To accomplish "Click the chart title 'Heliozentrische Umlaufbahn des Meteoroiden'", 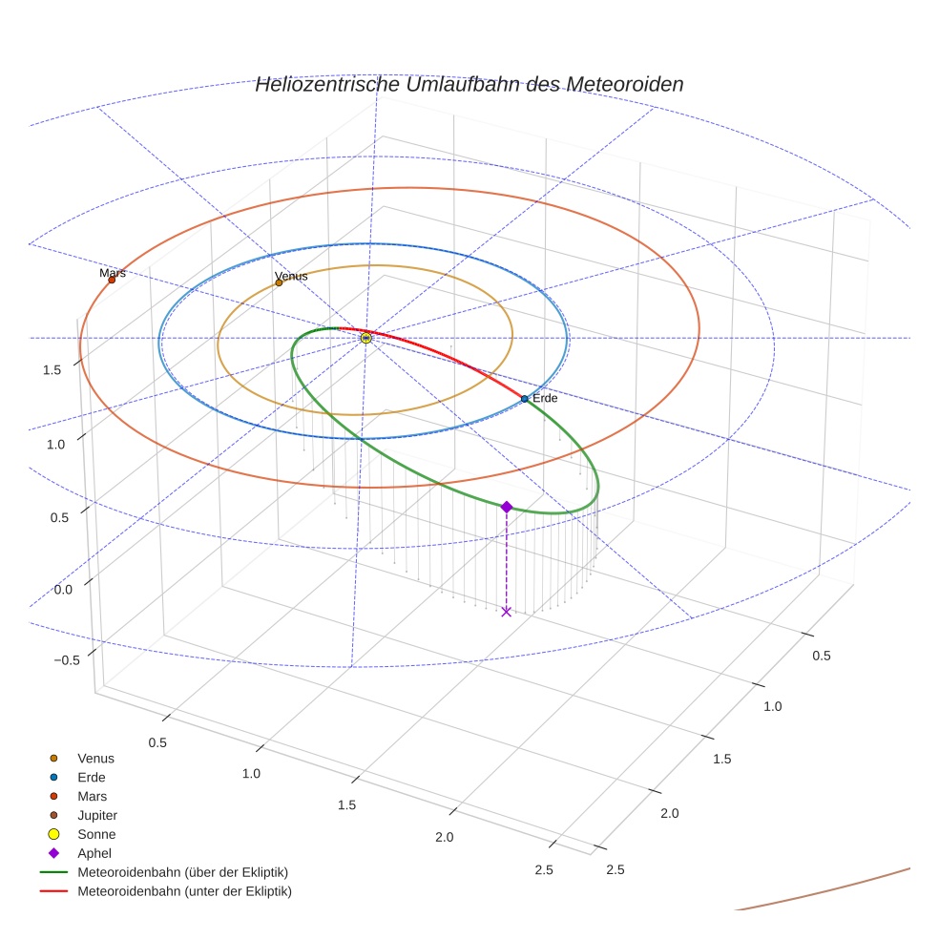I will (469, 84).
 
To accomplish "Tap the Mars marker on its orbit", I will (112, 280).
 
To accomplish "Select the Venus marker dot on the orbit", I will (279, 282).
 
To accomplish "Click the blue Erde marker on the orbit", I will (524, 398).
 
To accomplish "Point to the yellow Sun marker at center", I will (365, 338).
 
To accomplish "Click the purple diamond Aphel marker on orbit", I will (507, 507).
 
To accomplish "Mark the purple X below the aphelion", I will (506, 612).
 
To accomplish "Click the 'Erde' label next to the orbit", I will (545, 398).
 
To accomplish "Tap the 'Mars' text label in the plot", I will (113, 273).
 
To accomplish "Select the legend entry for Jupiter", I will (97, 815).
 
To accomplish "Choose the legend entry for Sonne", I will (96, 834).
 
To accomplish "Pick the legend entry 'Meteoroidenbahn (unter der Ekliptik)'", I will (184, 891).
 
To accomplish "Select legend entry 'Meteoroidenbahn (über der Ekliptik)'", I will (182, 872).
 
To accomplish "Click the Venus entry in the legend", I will (95, 758).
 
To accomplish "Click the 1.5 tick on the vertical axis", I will (53, 369).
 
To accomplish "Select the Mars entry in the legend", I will (92, 796).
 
